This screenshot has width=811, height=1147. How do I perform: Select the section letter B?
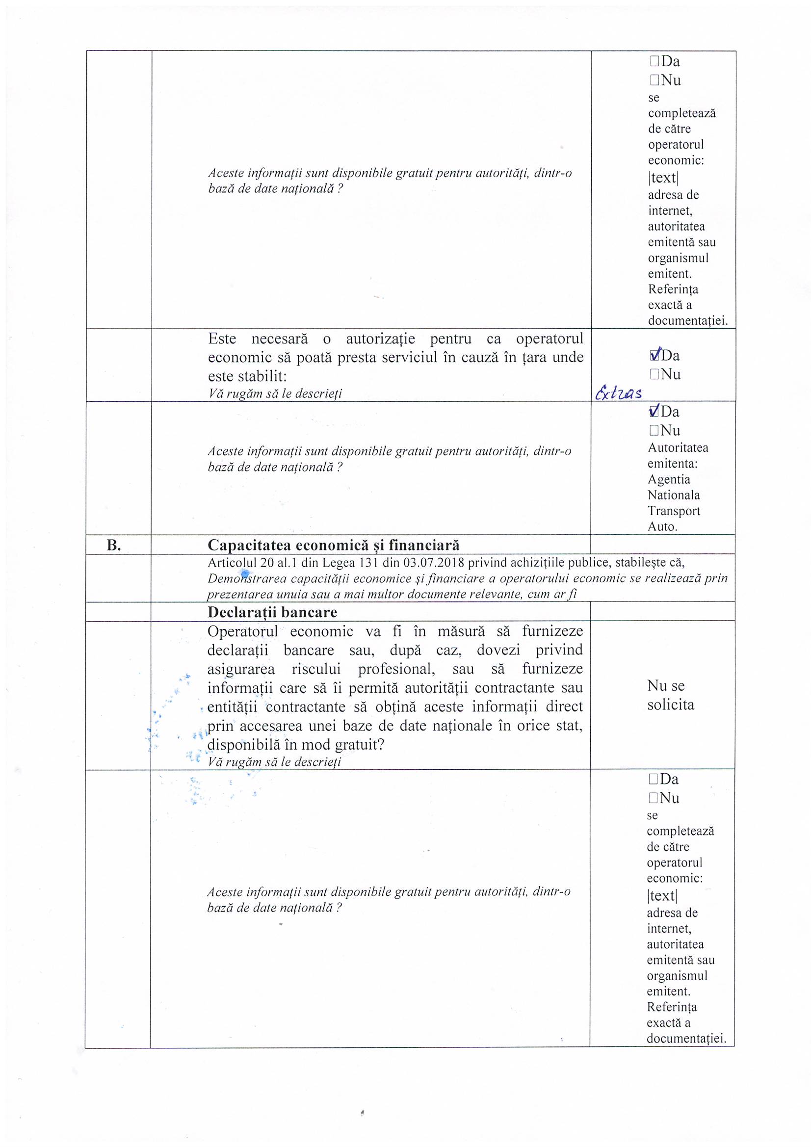coord(114,546)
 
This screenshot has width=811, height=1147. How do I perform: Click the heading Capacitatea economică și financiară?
coord(333,545)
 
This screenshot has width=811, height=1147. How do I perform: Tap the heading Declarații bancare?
coord(272,612)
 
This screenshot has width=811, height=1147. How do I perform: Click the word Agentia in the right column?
coord(669,480)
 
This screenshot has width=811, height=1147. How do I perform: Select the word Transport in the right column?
coord(674,511)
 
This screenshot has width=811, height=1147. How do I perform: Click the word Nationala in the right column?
coord(674,495)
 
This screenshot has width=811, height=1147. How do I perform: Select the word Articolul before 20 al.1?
coord(232,563)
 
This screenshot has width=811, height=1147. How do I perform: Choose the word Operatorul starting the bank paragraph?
coord(243,631)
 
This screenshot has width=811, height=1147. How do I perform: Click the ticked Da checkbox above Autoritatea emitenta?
coord(654,412)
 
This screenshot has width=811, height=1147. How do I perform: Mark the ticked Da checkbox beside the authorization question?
coord(654,356)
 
